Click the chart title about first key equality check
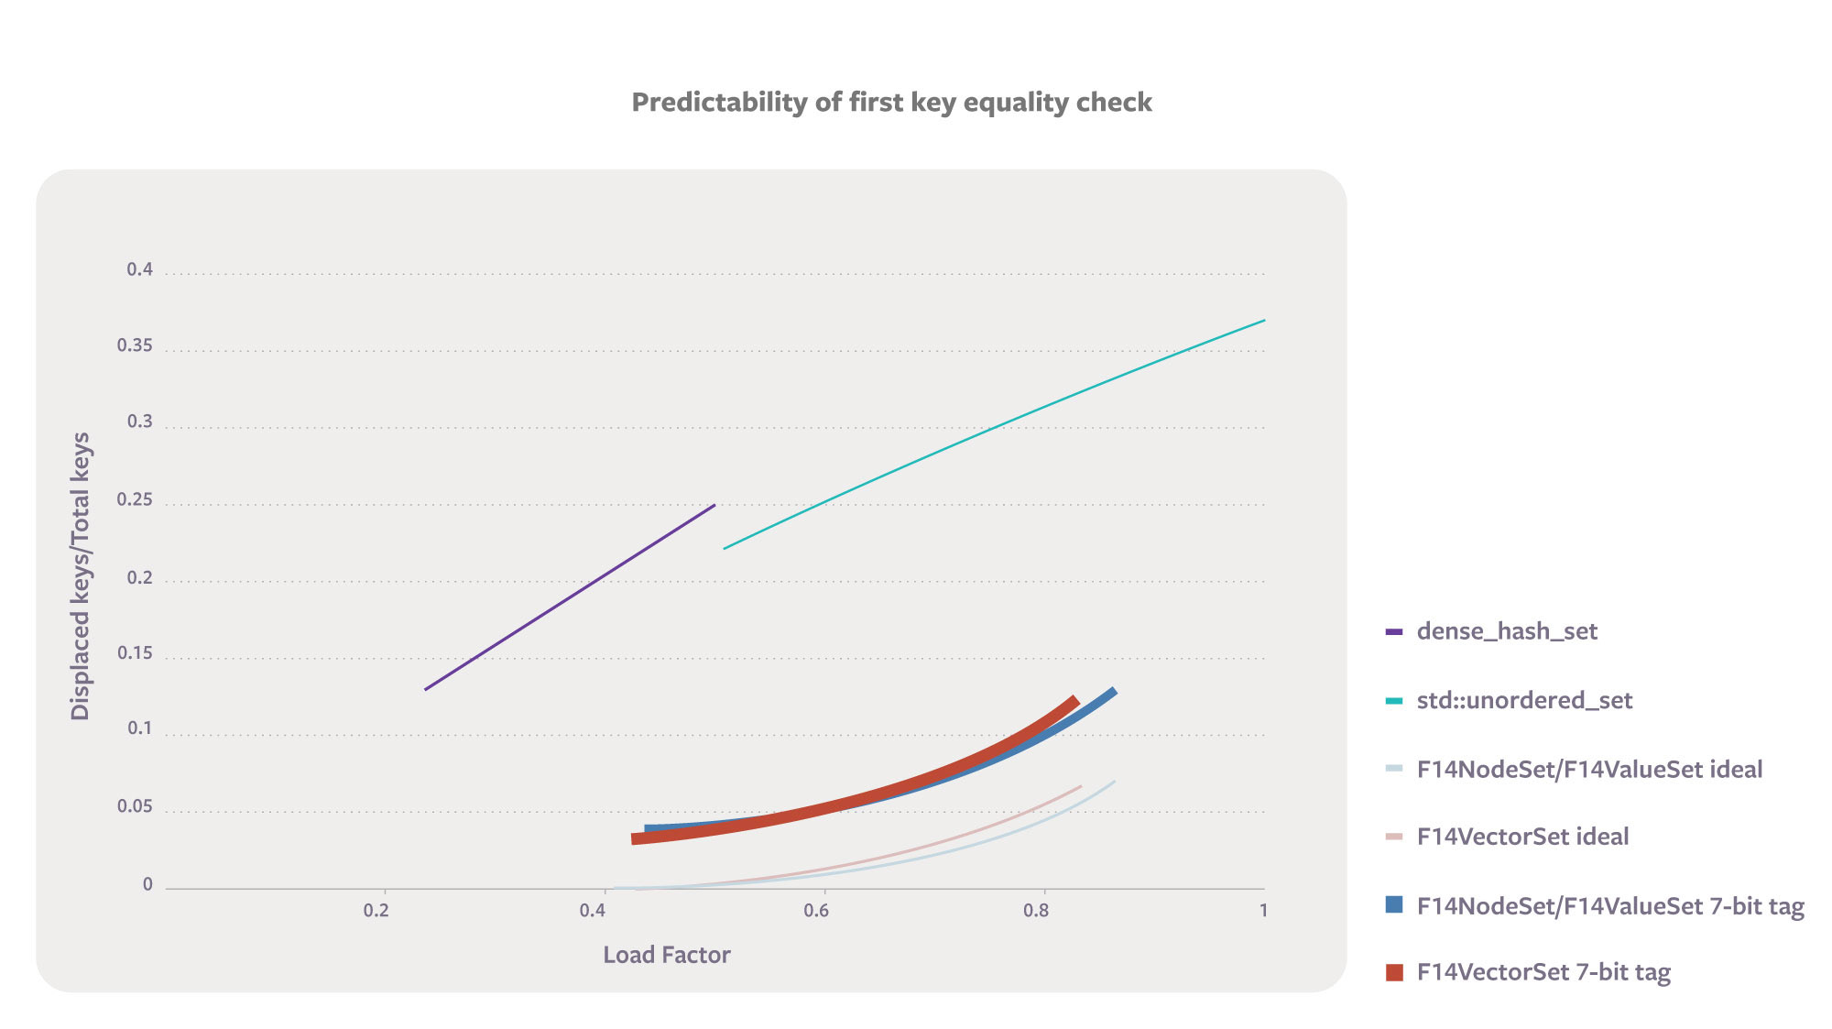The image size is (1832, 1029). coord(891,102)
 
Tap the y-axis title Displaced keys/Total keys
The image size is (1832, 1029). coord(81,576)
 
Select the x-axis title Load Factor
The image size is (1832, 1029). coord(666,955)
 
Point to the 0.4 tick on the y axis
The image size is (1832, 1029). coord(140,269)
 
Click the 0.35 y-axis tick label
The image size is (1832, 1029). coord(135,345)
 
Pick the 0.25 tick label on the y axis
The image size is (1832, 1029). coord(135,499)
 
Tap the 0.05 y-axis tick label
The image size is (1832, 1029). coord(135,806)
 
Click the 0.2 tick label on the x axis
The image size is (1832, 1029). coord(376,910)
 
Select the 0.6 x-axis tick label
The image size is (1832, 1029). coord(816,910)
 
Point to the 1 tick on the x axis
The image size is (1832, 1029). coord(1263,910)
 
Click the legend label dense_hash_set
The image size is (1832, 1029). coord(1507,631)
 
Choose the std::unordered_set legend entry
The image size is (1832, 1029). coord(1524,701)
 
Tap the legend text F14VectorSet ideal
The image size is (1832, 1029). coord(1522,837)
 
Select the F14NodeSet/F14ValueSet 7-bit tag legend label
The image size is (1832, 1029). coord(1610,906)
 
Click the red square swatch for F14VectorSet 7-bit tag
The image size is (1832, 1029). coord(1394,972)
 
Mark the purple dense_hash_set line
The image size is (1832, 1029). coord(568,597)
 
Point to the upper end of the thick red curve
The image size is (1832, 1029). coord(1074,702)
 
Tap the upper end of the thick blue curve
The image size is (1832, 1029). coord(1112,693)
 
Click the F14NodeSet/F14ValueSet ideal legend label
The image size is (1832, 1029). coord(1589,770)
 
